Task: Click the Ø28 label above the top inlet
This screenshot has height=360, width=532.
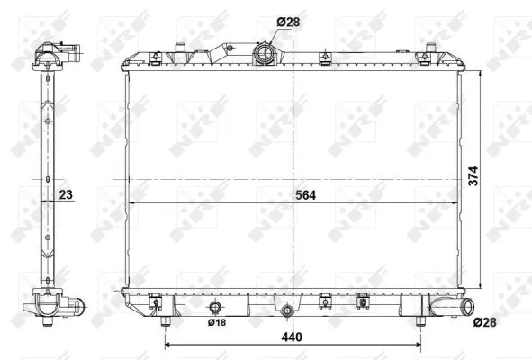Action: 287,21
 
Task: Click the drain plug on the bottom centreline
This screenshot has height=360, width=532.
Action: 286,312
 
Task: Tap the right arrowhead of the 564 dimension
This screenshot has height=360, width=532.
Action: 460,205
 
